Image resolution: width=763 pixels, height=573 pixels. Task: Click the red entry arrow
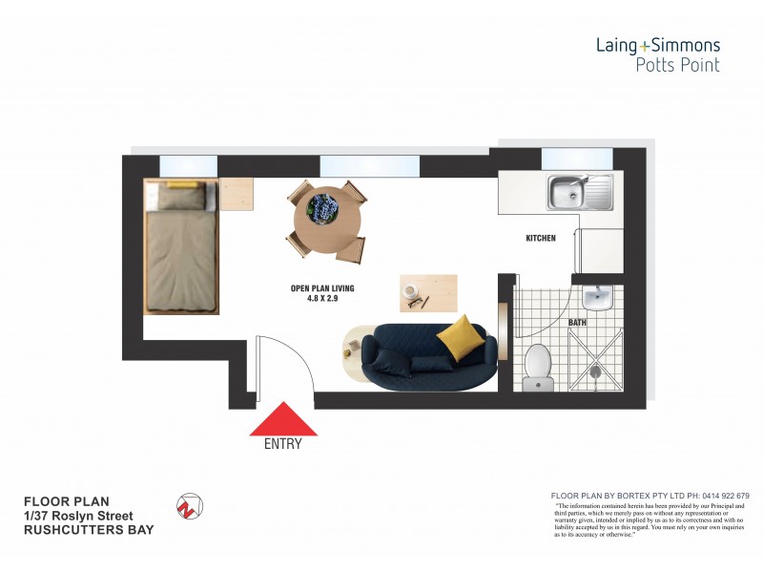click(x=283, y=419)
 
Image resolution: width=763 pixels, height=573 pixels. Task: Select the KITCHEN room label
click(x=541, y=238)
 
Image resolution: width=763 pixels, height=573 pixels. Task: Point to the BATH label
click(x=578, y=323)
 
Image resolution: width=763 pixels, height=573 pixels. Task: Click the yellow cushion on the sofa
click(x=461, y=336)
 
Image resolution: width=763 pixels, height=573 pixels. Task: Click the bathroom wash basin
click(x=598, y=297)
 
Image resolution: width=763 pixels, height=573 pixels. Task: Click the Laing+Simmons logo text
click(x=658, y=45)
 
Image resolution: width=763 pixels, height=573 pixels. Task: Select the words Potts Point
click(x=678, y=65)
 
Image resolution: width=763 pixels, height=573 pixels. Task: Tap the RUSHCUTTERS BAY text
click(x=89, y=530)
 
